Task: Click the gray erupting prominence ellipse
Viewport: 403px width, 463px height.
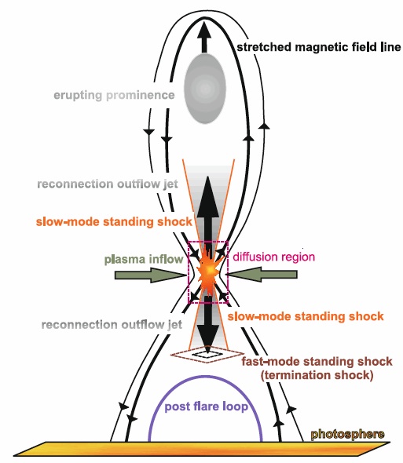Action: click(x=204, y=89)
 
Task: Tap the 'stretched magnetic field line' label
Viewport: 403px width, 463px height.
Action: click(x=319, y=47)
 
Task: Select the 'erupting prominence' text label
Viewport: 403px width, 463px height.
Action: click(x=114, y=96)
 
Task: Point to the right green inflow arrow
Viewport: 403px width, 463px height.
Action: click(x=262, y=275)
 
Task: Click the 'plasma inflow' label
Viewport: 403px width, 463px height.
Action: click(x=144, y=260)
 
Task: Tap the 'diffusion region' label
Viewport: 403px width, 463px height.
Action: click(x=274, y=257)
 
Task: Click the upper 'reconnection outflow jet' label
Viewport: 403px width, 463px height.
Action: click(x=108, y=184)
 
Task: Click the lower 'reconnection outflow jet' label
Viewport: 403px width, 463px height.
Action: click(x=112, y=325)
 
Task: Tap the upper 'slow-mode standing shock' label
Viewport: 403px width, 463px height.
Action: click(x=114, y=222)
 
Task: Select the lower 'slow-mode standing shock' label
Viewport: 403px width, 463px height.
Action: click(x=306, y=316)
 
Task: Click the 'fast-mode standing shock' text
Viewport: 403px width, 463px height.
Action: click(x=317, y=362)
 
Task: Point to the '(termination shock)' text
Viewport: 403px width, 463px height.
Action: click(x=317, y=375)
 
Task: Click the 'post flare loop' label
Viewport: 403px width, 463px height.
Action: click(x=206, y=406)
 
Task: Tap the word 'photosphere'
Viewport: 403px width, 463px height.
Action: click(x=347, y=434)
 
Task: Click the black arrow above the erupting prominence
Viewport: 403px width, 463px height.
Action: click(x=204, y=36)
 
